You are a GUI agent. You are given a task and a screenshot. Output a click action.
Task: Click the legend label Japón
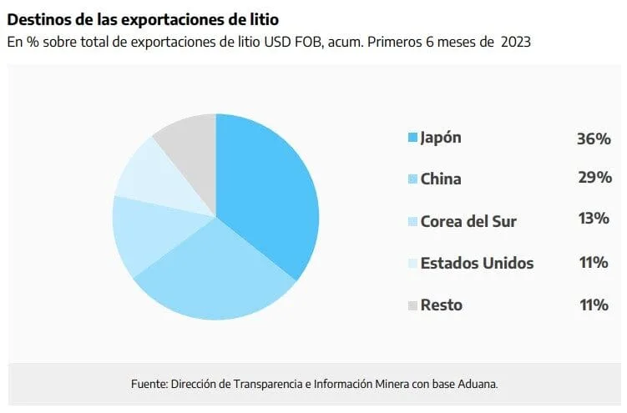441,138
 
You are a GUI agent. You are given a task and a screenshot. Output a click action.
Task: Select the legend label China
441,179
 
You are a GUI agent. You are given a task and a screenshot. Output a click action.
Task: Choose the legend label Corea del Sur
468,221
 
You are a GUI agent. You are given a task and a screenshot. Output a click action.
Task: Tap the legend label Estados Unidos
477,263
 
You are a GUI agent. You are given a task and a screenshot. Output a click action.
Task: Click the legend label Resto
442,305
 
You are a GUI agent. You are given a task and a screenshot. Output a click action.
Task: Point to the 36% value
594,139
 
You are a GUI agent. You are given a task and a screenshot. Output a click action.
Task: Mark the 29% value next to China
594,178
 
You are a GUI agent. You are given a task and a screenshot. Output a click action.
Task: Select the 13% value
594,219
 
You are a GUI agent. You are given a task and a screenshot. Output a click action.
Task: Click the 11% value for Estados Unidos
594,262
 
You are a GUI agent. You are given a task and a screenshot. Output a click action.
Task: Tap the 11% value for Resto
594,305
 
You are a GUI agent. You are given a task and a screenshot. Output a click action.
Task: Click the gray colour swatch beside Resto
412,305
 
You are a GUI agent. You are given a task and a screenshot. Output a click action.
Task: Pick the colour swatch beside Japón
412,138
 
